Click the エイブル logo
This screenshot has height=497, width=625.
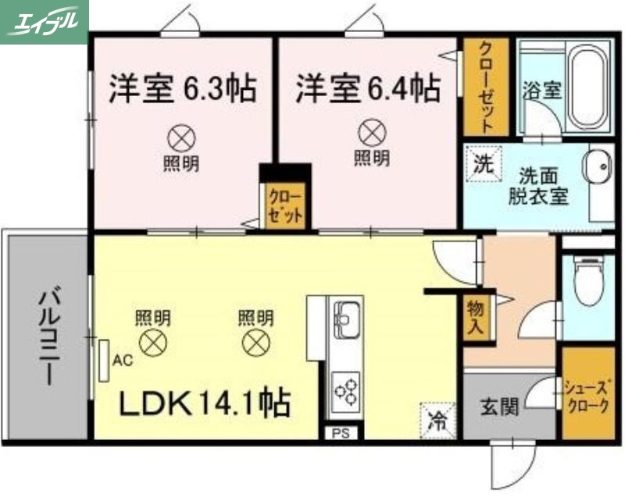point(45,22)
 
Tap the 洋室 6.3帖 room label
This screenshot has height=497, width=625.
point(182,88)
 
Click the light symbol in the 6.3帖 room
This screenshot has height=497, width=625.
point(180,139)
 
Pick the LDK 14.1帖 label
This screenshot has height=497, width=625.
point(205,404)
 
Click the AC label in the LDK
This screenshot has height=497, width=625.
point(122,360)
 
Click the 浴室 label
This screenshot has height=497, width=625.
point(541,90)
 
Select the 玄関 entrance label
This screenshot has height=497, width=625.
point(498,406)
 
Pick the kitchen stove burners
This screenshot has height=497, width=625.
point(345,388)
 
